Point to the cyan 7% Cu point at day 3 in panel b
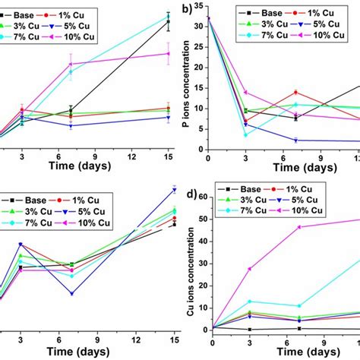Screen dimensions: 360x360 245,134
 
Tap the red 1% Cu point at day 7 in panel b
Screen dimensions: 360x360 296,92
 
